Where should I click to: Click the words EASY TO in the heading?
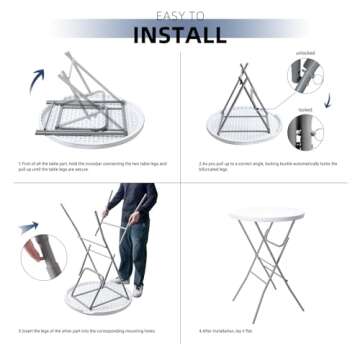coord(180,15)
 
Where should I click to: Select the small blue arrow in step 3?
coord(28,229)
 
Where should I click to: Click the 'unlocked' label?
coord(305,52)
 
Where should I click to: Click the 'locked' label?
coord(305,112)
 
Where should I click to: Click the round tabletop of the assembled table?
coord(267,215)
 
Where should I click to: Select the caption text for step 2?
coord(268,165)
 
